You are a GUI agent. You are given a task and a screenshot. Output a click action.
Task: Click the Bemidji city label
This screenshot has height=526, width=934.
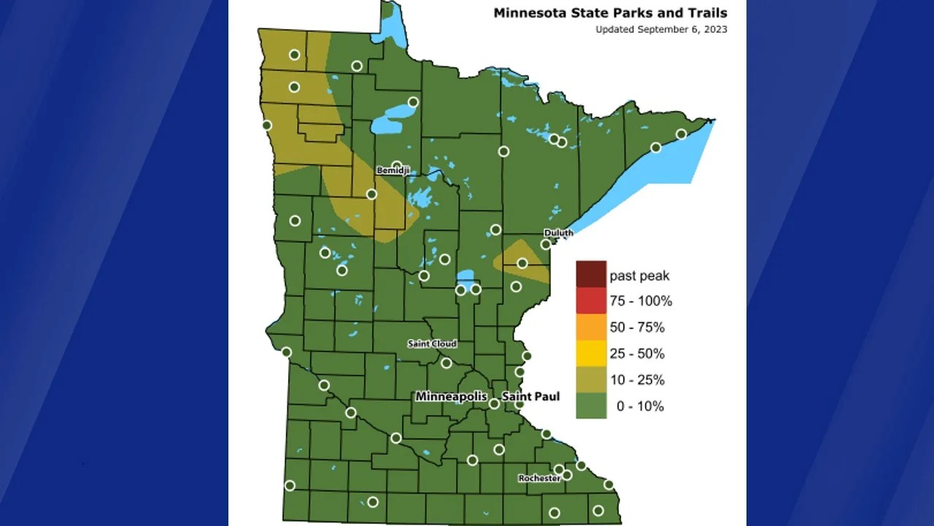pos(393,170)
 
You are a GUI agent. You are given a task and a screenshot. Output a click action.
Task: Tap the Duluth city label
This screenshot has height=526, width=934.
pos(558,232)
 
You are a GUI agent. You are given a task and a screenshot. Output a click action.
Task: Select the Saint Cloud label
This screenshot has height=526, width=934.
pos(432,343)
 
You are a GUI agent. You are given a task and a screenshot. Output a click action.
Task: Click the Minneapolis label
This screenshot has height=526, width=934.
pos(451,396)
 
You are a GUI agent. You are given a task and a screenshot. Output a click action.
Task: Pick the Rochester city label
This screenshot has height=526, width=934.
pos(539,479)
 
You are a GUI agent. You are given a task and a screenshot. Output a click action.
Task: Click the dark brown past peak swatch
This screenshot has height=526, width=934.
pos(591,274)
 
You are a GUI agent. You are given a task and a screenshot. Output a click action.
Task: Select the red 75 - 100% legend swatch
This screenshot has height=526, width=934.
pos(591,300)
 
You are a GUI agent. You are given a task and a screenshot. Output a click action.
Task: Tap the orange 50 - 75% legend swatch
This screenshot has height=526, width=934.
pos(591,327)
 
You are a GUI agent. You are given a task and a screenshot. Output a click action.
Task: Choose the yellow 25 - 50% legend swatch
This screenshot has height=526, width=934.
pos(591,353)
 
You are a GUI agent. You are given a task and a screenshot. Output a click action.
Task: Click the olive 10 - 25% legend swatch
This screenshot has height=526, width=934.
pos(591,379)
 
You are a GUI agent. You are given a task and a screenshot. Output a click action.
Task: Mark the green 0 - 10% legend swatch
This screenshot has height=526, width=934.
pos(591,405)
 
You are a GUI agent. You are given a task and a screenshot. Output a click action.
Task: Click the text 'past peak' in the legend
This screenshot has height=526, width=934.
pos(639,275)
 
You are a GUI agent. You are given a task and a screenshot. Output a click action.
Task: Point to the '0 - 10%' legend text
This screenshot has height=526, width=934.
pos(640,406)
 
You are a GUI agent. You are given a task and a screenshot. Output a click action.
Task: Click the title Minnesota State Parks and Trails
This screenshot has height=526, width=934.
pos(610,12)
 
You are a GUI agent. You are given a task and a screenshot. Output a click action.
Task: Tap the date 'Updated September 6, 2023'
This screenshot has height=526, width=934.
pos(661,30)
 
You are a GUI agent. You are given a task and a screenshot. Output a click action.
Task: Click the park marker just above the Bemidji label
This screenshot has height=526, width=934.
pos(397,166)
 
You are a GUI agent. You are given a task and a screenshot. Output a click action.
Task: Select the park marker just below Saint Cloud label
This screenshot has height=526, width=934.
pos(447,362)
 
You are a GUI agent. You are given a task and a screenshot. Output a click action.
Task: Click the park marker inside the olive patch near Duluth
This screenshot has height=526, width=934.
pos(522,263)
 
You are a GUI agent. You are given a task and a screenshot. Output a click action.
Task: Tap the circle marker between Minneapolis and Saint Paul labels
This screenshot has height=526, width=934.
pos(494,403)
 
